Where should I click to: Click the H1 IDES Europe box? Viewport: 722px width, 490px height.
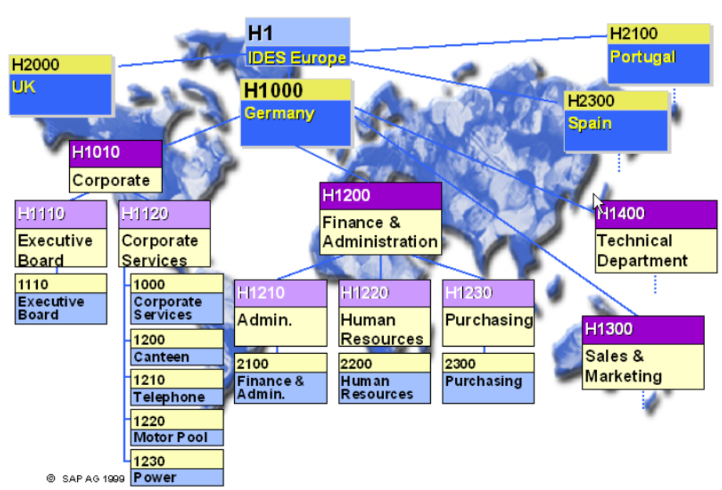point(298,43)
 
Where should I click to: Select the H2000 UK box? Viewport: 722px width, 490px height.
point(61,84)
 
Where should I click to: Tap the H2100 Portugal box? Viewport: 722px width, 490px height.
point(659,54)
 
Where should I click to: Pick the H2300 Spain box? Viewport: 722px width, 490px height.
point(616,121)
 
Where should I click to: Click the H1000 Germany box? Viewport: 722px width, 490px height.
point(296,112)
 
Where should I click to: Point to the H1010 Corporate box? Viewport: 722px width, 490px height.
point(116,166)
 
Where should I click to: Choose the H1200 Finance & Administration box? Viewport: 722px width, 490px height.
point(380,218)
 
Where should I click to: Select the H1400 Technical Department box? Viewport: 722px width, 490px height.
point(656,236)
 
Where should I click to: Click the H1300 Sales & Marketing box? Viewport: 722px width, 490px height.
point(643,352)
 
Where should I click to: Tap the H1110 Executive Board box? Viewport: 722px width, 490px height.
point(61,234)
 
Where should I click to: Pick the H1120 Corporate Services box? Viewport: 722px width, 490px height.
point(164,234)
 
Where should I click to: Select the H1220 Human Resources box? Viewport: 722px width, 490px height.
point(385,312)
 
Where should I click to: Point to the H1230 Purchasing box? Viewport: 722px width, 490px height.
point(488,312)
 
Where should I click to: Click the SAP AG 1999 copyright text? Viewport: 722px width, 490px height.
point(86,479)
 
